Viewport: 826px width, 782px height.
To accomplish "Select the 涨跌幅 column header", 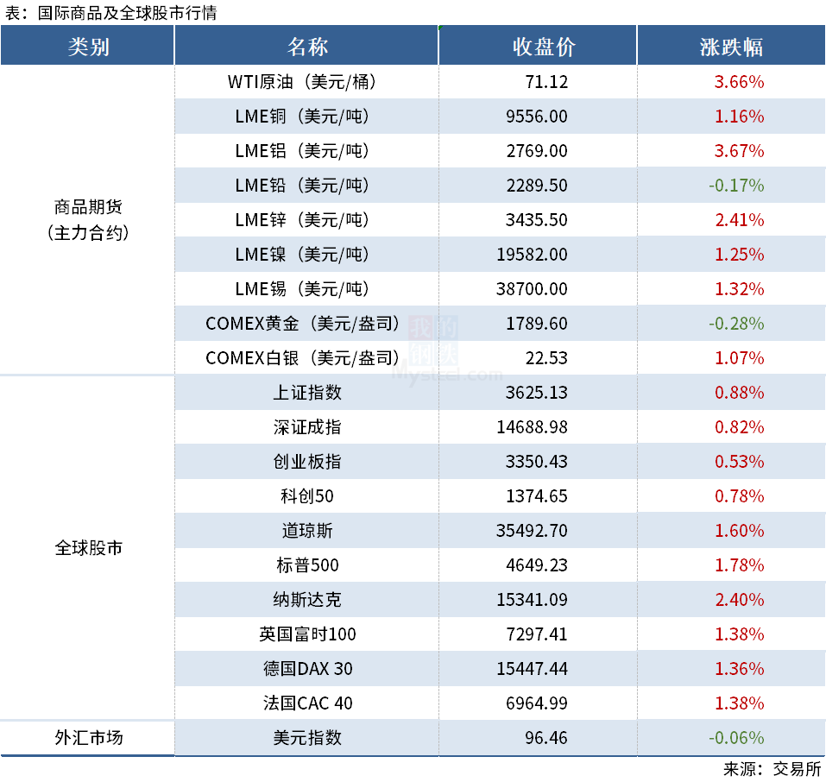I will click(731, 47).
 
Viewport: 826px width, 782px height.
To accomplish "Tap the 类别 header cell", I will click(88, 47).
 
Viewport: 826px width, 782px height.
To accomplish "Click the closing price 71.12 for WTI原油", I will click(545, 82).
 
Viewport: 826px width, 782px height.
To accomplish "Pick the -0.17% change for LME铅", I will click(736, 186).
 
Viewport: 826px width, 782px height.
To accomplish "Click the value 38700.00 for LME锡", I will click(532, 289).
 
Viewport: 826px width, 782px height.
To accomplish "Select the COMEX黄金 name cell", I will click(303, 324).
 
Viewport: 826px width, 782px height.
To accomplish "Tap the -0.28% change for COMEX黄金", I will click(736, 324).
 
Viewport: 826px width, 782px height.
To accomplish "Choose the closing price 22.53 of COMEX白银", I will click(548, 358).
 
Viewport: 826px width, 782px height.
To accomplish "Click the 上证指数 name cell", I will click(307, 393).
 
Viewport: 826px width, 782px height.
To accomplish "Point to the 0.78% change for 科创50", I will click(739, 496).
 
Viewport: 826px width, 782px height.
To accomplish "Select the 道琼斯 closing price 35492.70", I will click(532, 531).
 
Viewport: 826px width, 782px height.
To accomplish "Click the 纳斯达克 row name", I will click(307, 600).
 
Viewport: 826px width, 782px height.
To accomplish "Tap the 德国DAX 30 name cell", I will click(307, 669).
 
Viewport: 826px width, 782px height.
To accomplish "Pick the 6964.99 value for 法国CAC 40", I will click(537, 703).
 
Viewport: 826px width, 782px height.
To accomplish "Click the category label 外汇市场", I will click(88, 738).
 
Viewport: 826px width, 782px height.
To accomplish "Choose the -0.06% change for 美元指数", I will click(736, 738).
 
